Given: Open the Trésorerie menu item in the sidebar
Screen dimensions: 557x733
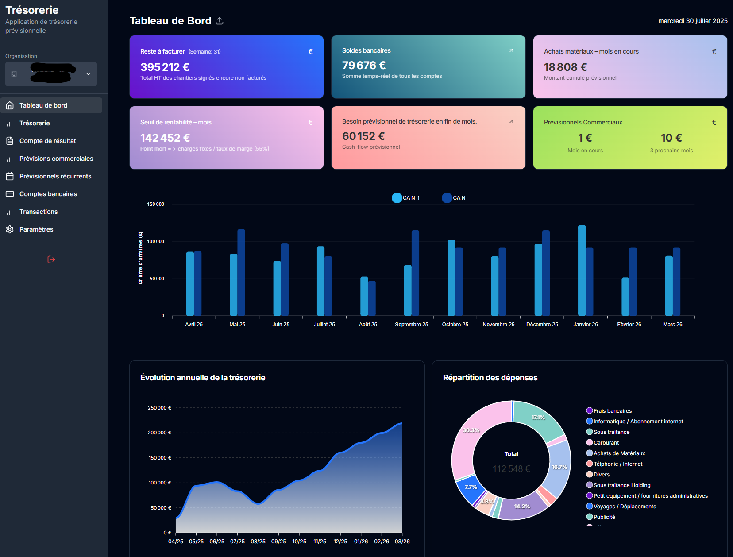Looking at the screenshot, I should (x=35, y=123).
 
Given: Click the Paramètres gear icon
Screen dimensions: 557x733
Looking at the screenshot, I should (x=10, y=229).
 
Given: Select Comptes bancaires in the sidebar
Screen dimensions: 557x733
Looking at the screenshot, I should (x=48, y=194).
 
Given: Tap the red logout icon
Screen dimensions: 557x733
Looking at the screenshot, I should (x=51, y=259).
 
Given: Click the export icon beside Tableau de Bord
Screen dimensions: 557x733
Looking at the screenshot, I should (x=220, y=21).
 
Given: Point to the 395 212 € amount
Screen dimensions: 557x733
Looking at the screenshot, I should (x=165, y=67).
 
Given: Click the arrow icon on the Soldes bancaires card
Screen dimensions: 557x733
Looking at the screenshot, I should (x=511, y=50).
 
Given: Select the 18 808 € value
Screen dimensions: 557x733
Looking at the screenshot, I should (x=565, y=67).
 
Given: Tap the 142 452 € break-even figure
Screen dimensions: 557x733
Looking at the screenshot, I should (x=165, y=138).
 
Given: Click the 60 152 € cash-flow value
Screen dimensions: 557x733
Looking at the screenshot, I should (x=363, y=136).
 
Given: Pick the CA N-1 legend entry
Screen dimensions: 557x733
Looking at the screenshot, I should (x=406, y=198).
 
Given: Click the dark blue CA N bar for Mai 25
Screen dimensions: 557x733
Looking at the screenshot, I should (x=241, y=272).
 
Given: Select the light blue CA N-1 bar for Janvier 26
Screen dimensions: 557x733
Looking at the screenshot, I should (x=582, y=270).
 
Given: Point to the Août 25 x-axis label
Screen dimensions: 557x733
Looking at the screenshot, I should (x=368, y=325).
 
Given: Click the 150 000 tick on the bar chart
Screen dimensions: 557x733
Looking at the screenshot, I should (x=155, y=204).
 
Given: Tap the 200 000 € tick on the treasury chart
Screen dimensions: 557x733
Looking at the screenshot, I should (x=159, y=433).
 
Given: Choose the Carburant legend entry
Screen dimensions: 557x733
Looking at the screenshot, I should (x=606, y=443).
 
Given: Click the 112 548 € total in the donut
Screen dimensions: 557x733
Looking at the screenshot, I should (x=511, y=469).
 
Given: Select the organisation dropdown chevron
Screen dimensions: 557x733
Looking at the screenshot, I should (x=88, y=74).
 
